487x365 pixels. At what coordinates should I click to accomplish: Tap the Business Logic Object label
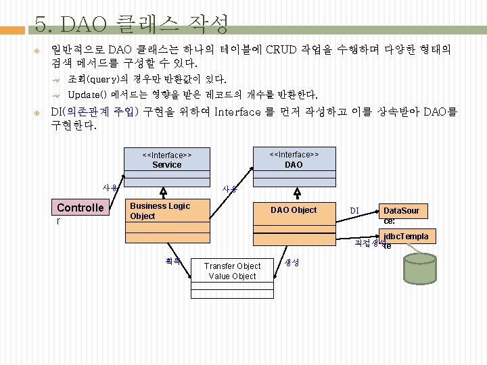(160, 211)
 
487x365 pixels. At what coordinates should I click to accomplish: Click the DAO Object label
(294, 210)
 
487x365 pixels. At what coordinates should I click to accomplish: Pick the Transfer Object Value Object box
(232, 271)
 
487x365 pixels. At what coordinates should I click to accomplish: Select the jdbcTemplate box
(407, 237)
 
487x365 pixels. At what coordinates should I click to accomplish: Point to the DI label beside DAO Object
(354, 211)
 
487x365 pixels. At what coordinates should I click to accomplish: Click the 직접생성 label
(368, 243)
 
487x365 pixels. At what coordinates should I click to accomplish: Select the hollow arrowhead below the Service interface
(163, 191)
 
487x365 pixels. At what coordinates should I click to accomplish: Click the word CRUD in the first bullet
(281, 49)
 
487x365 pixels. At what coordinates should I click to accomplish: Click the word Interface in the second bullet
(237, 112)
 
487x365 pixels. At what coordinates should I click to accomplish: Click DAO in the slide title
(85, 25)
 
